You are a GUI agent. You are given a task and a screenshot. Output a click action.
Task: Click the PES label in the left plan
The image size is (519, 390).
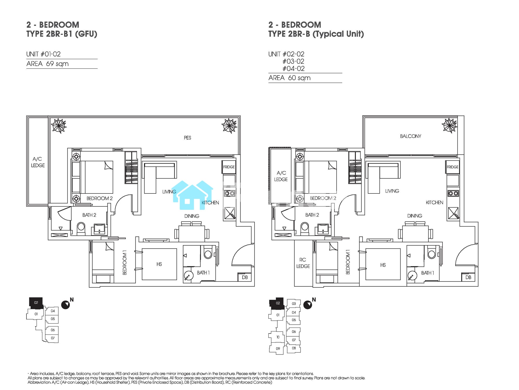click(x=187, y=138)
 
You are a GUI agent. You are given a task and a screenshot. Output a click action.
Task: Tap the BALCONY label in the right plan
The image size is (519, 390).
click(x=411, y=136)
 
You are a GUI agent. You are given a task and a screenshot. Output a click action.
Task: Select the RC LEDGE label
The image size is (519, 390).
click(x=303, y=263)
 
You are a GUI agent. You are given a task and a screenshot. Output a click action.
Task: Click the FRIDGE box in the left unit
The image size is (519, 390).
click(x=229, y=167)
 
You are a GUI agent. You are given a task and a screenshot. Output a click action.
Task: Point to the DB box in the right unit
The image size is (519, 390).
click(x=468, y=277)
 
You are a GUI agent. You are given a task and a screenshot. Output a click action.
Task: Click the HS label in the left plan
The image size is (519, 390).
click(x=159, y=264)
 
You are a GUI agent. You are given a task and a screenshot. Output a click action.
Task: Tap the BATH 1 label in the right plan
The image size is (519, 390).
click(x=427, y=273)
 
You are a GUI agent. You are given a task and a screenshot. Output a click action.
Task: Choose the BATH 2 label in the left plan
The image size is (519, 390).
click(x=89, y=215)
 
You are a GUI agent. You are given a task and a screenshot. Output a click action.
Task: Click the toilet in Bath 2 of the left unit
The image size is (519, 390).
click(x=81, y=228)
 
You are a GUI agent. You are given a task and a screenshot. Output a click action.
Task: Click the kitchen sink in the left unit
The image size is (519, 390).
click(x=229, y=213)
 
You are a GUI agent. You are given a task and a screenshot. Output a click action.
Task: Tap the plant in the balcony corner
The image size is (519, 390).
click(x=450, y=126)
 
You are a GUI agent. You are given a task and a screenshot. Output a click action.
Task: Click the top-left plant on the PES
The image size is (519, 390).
click(x=59, y=126)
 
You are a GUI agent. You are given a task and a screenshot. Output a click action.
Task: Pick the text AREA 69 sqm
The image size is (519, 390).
click(x=47, y=64)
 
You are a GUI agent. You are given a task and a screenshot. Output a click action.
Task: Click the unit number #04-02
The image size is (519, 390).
click(x=293, y=68)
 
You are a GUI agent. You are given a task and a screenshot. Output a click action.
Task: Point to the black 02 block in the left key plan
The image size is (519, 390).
click(x=36, y=303)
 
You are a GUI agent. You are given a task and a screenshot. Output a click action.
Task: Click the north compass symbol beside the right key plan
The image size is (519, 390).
click(x=308, y=305)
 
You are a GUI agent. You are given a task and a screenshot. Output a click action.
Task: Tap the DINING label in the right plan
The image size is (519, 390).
click(x=415, y=216)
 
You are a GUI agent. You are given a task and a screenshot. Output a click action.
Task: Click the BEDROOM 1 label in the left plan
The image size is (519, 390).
click(x=125, y=262)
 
